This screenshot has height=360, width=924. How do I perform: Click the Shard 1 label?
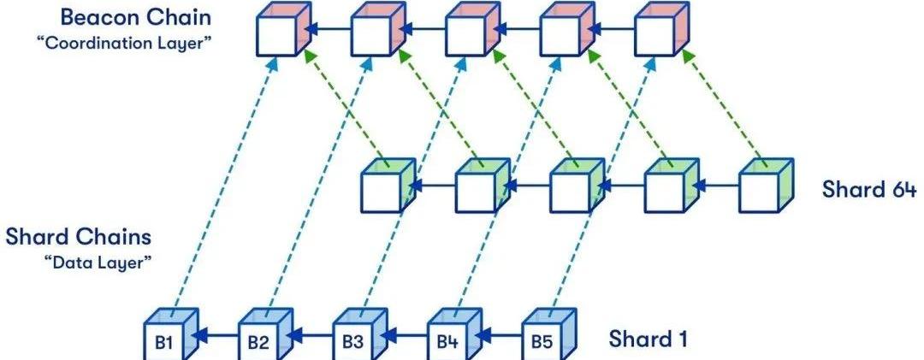click(x=648, y=339)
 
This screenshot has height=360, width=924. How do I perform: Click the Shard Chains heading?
click(x=79, y=237)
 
